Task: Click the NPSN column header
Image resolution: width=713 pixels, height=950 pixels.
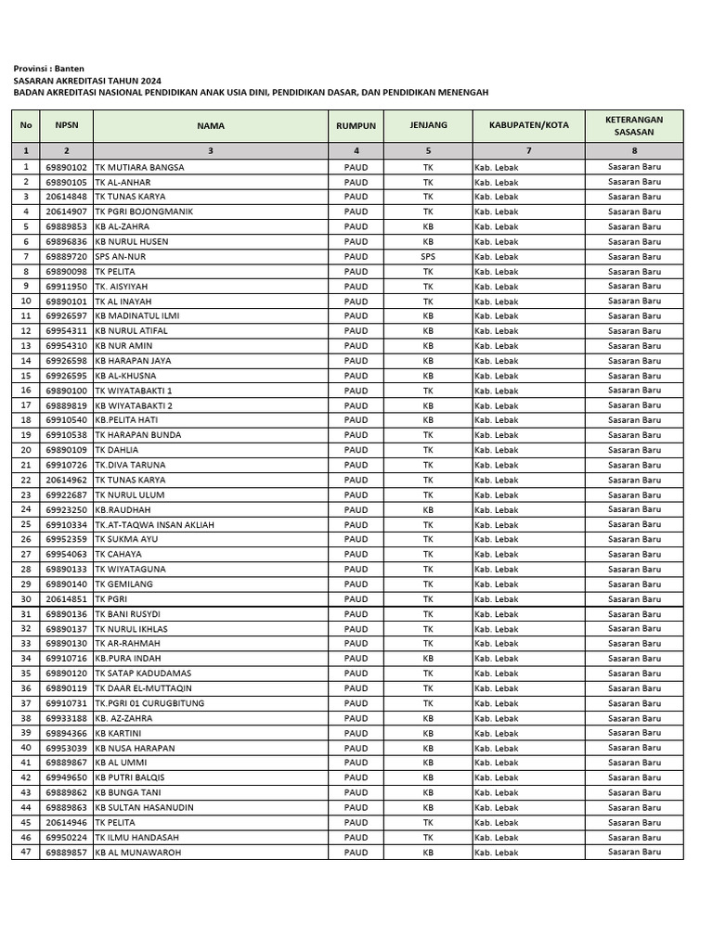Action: pos(67,125)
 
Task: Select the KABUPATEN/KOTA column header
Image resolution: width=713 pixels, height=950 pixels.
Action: pos(528,125)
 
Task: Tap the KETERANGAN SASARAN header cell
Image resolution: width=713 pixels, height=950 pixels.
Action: pos(634,125)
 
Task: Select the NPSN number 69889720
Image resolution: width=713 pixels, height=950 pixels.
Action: pos(67,256)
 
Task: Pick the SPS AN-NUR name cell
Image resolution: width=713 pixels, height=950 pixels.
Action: pos(122,256)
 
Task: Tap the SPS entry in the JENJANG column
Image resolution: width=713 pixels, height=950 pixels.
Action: pos(428,256)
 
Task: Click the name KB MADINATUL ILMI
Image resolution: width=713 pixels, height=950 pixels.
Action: pos(137,315)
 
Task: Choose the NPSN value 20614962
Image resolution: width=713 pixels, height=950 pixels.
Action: pos(67,480)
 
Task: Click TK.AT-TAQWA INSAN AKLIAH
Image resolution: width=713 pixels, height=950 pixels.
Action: pos(154,524)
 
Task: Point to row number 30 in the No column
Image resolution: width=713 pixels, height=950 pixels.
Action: pos(26,598)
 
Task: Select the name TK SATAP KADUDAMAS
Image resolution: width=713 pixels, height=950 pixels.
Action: pos(143,674)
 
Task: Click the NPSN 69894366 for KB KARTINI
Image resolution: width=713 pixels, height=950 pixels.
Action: pos(67,733)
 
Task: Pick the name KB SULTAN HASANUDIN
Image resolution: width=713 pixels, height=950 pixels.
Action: pos(144,807)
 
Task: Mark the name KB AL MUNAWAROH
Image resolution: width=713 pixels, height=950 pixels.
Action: pos(138,852)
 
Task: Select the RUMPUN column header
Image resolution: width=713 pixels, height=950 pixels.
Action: pos(356,125)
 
